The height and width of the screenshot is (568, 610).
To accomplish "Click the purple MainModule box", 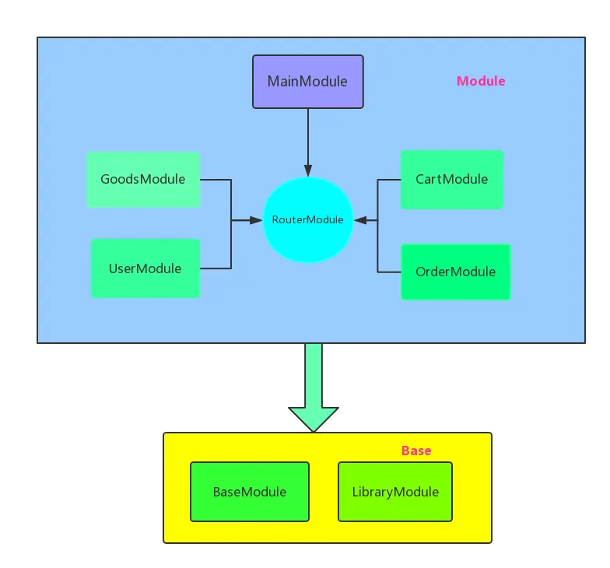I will [307, 81].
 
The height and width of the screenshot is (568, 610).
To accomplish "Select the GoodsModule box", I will [143, 180].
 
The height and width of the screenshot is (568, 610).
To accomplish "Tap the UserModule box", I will [145, 268].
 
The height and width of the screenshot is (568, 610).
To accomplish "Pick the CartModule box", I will [451, 180].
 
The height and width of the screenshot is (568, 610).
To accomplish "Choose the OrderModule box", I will [455, 272].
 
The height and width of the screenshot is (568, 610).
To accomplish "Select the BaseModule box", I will [249, 492].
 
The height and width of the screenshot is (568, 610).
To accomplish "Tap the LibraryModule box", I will [395, 492].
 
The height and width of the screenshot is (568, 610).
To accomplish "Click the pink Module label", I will [480, 81].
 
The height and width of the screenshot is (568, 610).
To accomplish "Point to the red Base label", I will [416, 451].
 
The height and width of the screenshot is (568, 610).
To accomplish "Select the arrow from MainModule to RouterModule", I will [308, 140].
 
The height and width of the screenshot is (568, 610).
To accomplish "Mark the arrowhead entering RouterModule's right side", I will [360, 221].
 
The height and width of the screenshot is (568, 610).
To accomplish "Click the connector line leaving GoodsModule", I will [216, 180].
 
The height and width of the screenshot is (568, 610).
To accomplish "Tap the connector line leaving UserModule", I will [216, 268].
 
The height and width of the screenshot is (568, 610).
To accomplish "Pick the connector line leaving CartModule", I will [389, 180].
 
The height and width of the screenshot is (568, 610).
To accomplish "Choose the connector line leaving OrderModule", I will [389, 272].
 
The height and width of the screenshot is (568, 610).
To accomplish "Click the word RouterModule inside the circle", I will [307, 219].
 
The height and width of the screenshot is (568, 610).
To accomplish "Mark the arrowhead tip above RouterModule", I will [308, 173].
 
